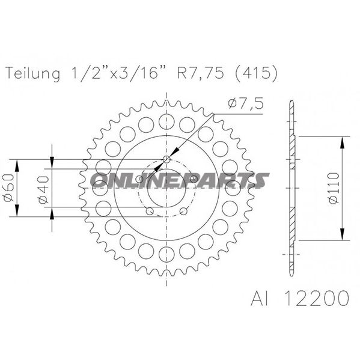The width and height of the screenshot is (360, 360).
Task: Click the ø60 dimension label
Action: [x=8, y=191]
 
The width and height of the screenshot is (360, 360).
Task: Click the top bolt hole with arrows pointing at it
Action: [x=166, y=160]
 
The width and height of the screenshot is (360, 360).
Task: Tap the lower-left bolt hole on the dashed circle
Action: [x=148, y=211]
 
